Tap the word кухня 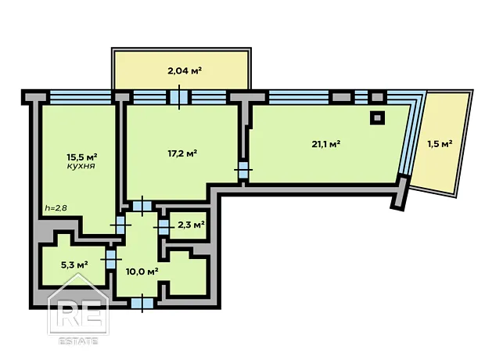(81, 166)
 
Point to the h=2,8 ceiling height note (56, 207)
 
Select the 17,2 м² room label (182, 153)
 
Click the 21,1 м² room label (326, 144)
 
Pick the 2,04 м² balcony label (185, 71)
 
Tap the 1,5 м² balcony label (440, 144)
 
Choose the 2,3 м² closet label (191, 225)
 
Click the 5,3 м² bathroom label (74, 265)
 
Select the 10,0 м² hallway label (142, 272)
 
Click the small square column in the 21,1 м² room (377, 118)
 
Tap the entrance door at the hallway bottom (142, 304)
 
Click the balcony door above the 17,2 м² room (179, 97)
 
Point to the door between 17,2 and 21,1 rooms (243, 170)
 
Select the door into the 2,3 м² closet (163, 228)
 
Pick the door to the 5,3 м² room (110, 259)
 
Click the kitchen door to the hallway (120, 225)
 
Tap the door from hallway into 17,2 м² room (142, 206)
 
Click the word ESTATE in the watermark (78, 341)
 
